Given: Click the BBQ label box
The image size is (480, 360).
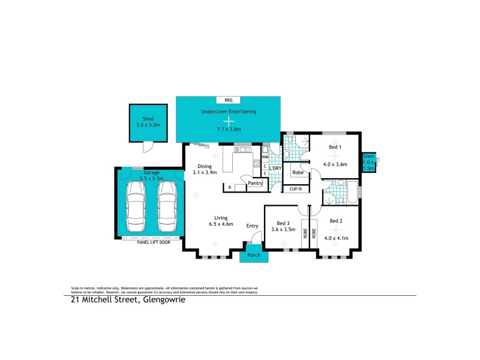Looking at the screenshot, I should click(x=228, y=100).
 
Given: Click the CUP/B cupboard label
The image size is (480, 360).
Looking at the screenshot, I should click(x=295, y=189).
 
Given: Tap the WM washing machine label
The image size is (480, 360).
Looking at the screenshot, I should click(x=265, y=157).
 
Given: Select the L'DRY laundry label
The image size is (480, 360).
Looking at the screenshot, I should click(x=275, y=169).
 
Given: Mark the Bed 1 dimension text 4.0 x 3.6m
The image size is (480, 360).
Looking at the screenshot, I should click(x=335, y=164).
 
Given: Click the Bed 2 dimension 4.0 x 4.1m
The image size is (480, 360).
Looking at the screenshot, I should click(x=335, y=238).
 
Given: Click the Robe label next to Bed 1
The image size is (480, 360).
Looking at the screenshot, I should click(x=297, y=173).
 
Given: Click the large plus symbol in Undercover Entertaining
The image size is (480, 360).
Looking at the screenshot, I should click(x=228, y=120).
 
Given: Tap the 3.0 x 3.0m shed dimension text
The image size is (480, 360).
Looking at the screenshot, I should click(x=148, y=125).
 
